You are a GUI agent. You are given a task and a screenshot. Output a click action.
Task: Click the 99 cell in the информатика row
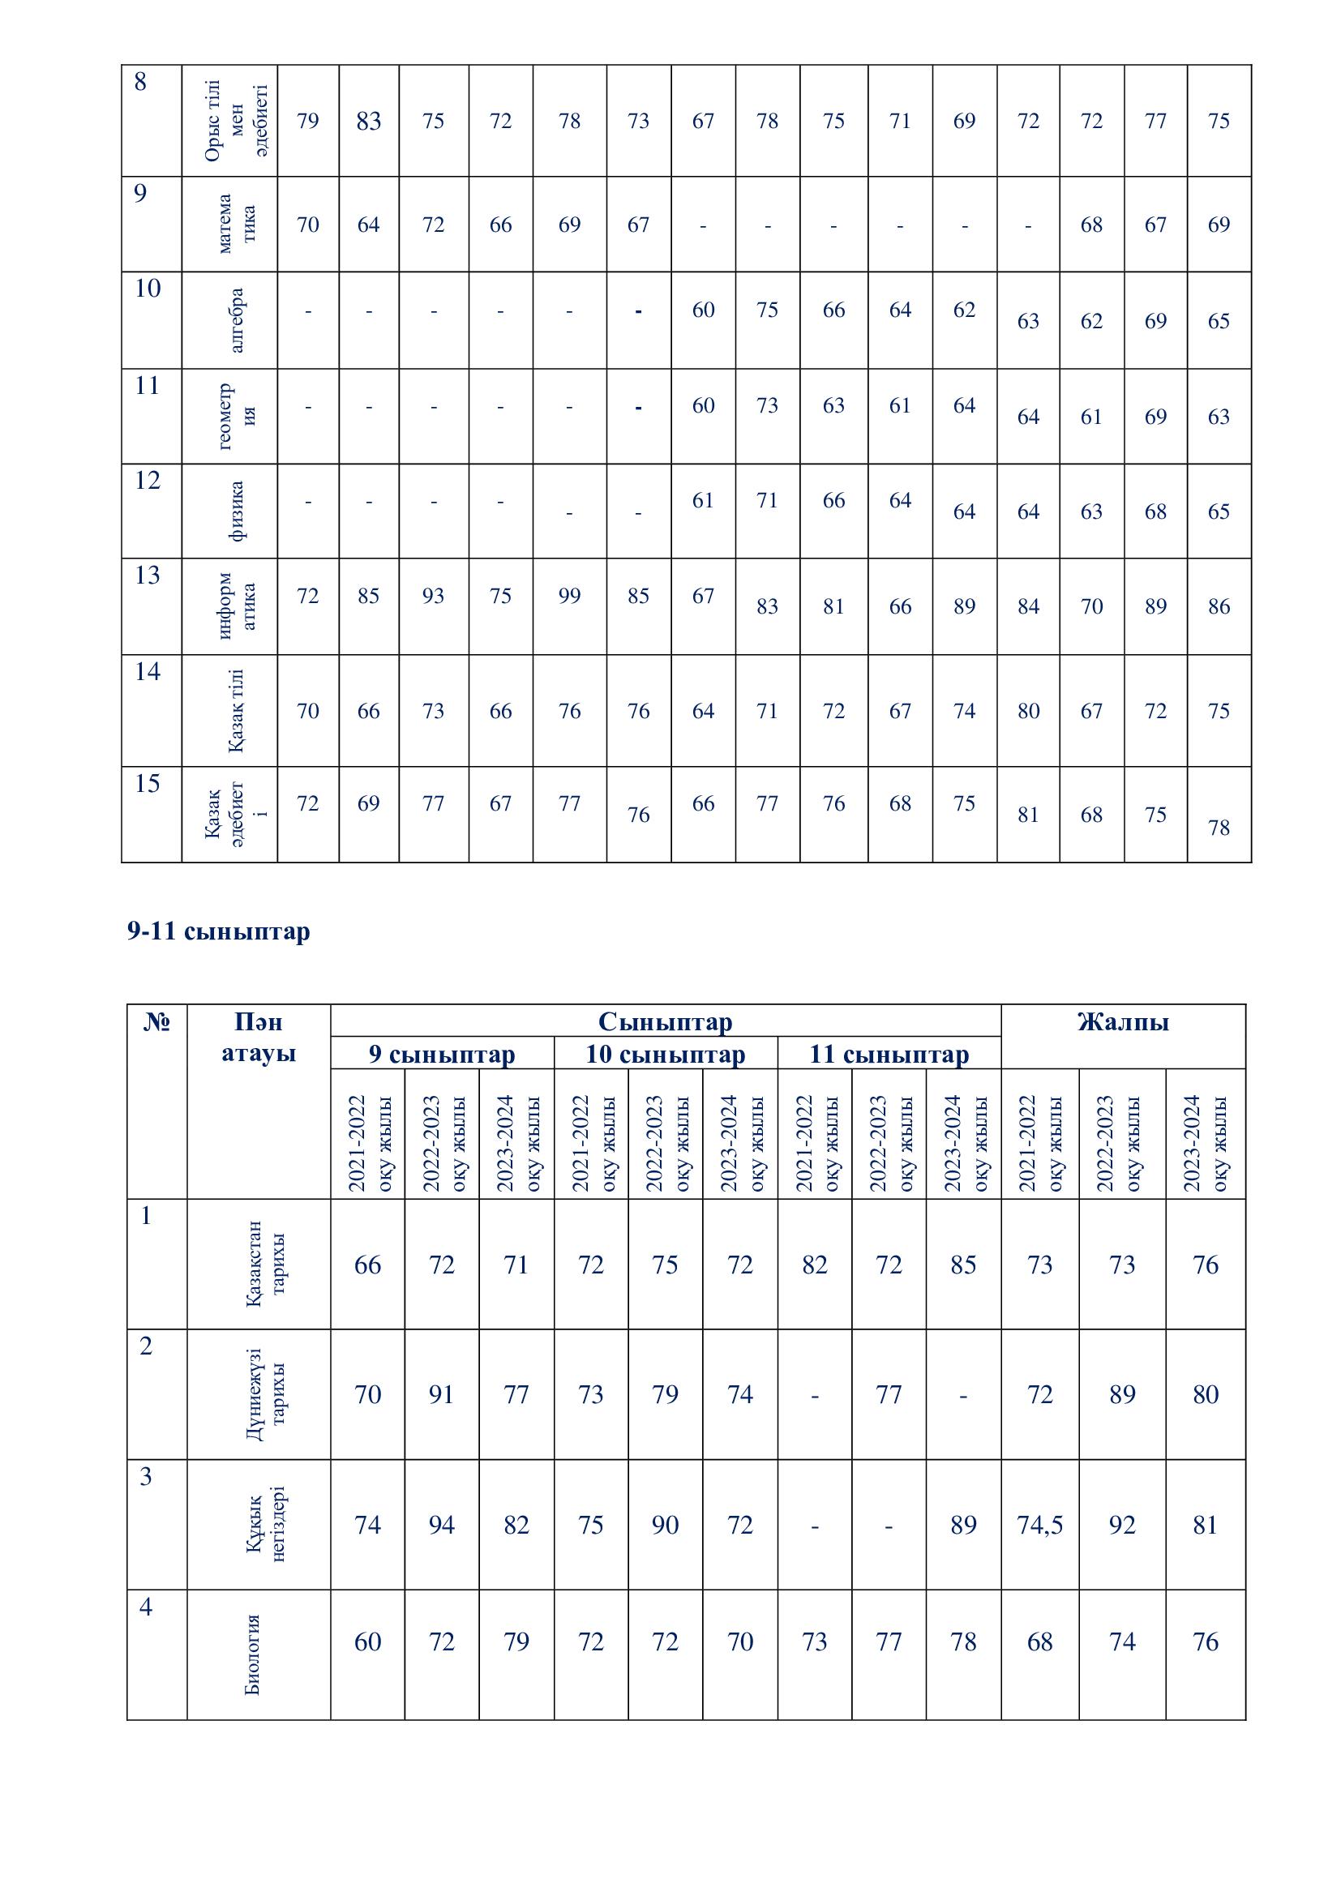point(569,596)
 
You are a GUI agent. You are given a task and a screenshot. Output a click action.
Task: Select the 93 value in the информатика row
point(433,596)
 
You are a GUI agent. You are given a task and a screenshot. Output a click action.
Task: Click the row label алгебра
point(236,320)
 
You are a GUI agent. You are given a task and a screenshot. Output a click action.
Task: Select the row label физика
point(236,511)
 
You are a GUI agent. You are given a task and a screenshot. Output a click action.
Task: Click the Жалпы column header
point(1122,1022)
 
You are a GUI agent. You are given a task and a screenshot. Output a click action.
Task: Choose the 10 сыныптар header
point(665,1055)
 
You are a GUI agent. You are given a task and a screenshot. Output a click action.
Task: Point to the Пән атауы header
point(259,1038)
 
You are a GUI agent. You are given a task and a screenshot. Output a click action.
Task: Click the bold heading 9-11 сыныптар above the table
point(219,931)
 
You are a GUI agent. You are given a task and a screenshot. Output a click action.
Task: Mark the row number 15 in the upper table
point(147,783)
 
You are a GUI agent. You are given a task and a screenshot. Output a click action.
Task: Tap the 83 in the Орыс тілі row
point(368,121)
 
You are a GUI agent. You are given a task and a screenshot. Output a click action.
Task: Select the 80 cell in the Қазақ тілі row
point(1028,711)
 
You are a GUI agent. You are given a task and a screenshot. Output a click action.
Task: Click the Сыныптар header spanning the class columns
point(665,1022)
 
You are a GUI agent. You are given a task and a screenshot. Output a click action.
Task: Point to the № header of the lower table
point(157,1022)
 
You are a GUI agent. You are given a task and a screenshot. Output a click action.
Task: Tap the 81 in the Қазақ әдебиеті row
point(1028,815)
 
